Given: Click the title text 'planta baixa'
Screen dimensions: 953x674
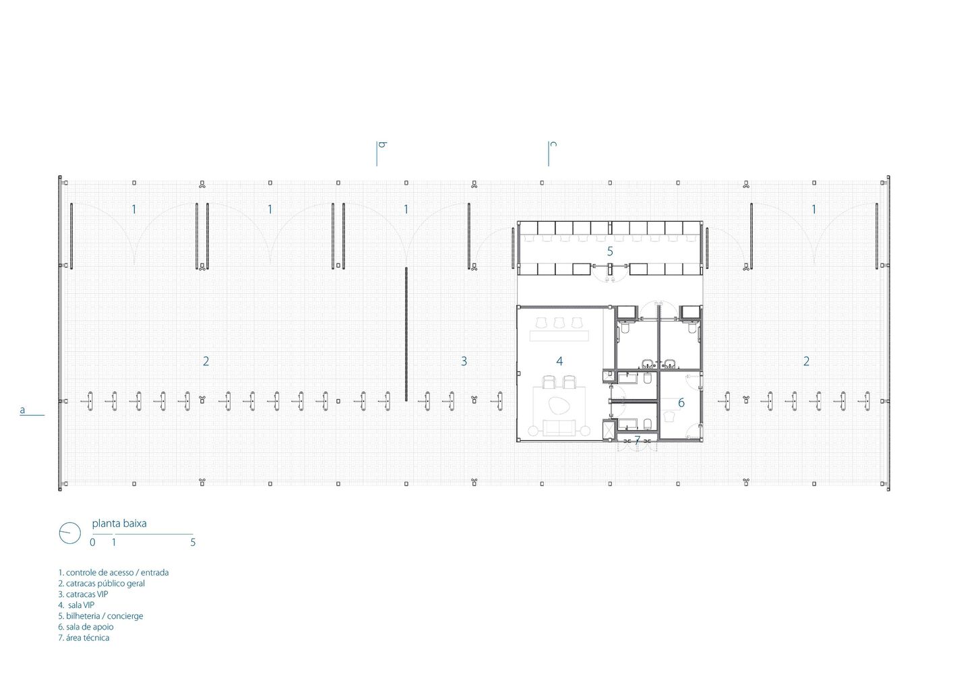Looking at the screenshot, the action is click(119, 524).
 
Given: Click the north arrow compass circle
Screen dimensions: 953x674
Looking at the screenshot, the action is click(70, 533).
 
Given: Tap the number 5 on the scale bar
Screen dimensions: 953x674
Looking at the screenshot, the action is click(193, 543).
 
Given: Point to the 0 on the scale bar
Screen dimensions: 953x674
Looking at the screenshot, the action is click(92, 543).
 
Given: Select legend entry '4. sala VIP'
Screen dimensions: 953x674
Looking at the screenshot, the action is click(77, 605).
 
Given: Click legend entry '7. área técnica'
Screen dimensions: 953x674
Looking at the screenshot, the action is click(84, 638).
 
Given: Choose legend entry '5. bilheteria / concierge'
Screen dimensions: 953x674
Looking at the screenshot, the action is click(101, 616).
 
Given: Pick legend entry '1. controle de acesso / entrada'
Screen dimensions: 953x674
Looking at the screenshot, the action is click(114, 573).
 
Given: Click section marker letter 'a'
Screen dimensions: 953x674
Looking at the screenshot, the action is click(22, 410).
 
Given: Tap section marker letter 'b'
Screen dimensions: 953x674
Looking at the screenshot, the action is click(382, 145).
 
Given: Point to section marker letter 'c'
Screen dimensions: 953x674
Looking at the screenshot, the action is click(553, 144).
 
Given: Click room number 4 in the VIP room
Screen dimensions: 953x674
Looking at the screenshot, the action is click(559, 361).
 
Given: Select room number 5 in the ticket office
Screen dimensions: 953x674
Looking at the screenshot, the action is click(610, 251).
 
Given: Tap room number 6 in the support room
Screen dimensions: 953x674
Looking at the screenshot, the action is click(681, 402).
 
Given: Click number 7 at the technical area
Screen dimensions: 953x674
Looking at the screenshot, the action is click(637, 440).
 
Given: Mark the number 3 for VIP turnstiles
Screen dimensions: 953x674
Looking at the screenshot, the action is click(464, 361).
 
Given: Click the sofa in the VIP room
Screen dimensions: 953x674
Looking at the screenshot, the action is click(559, 427).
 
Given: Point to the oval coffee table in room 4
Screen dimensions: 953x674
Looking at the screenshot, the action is click(558, 405).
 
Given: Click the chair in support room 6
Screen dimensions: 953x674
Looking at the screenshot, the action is click(670, 416).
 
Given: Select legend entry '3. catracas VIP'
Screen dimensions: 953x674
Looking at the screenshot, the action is click(84, 594).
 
